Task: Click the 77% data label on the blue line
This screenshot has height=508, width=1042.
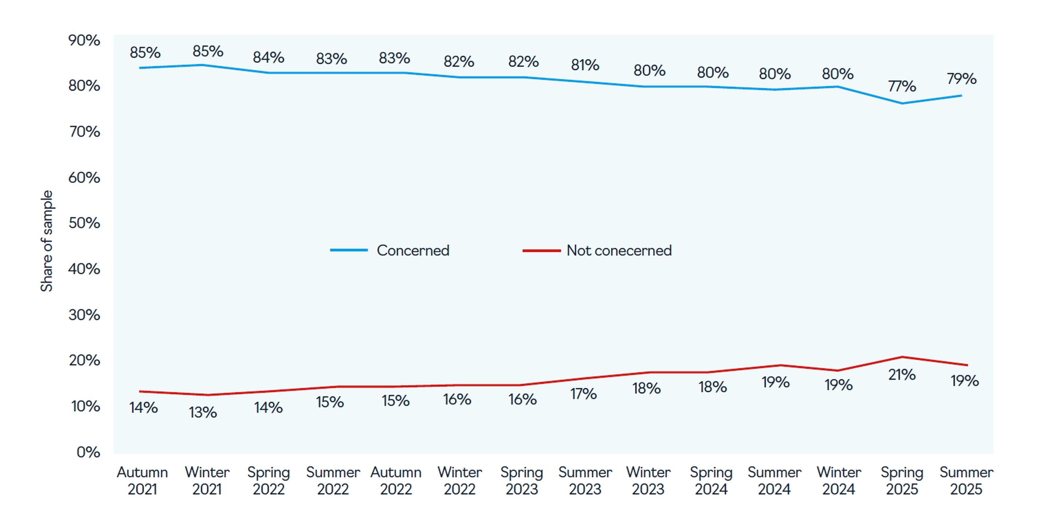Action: (x=901, y=87)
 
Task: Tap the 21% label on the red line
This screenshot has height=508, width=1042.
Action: (x=901, y=375)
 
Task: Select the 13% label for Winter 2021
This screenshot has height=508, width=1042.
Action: (x=203, y=413)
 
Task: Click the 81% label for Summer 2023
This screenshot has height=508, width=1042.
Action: (x=585, y=65)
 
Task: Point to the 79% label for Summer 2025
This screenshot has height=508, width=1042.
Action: (x=962, y=79)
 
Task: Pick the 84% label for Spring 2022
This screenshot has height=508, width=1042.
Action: (x=268, y=58)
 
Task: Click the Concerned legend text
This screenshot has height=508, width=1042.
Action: (x=413, y=251)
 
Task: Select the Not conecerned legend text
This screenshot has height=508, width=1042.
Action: (x=619, y=251)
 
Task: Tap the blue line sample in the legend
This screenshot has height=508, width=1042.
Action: (x=349, y=251)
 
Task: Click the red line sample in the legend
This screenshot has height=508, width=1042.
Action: (x=541, y=251)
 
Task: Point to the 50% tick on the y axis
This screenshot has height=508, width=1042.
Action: (x=84, y=223)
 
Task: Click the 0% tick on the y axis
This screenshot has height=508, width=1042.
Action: (x=88, y=452)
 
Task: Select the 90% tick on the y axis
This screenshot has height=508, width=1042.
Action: (x=84, y=40)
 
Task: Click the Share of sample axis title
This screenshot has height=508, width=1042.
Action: (x=47, y=241)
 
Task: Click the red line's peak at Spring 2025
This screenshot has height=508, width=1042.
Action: (x=901, y=357)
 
